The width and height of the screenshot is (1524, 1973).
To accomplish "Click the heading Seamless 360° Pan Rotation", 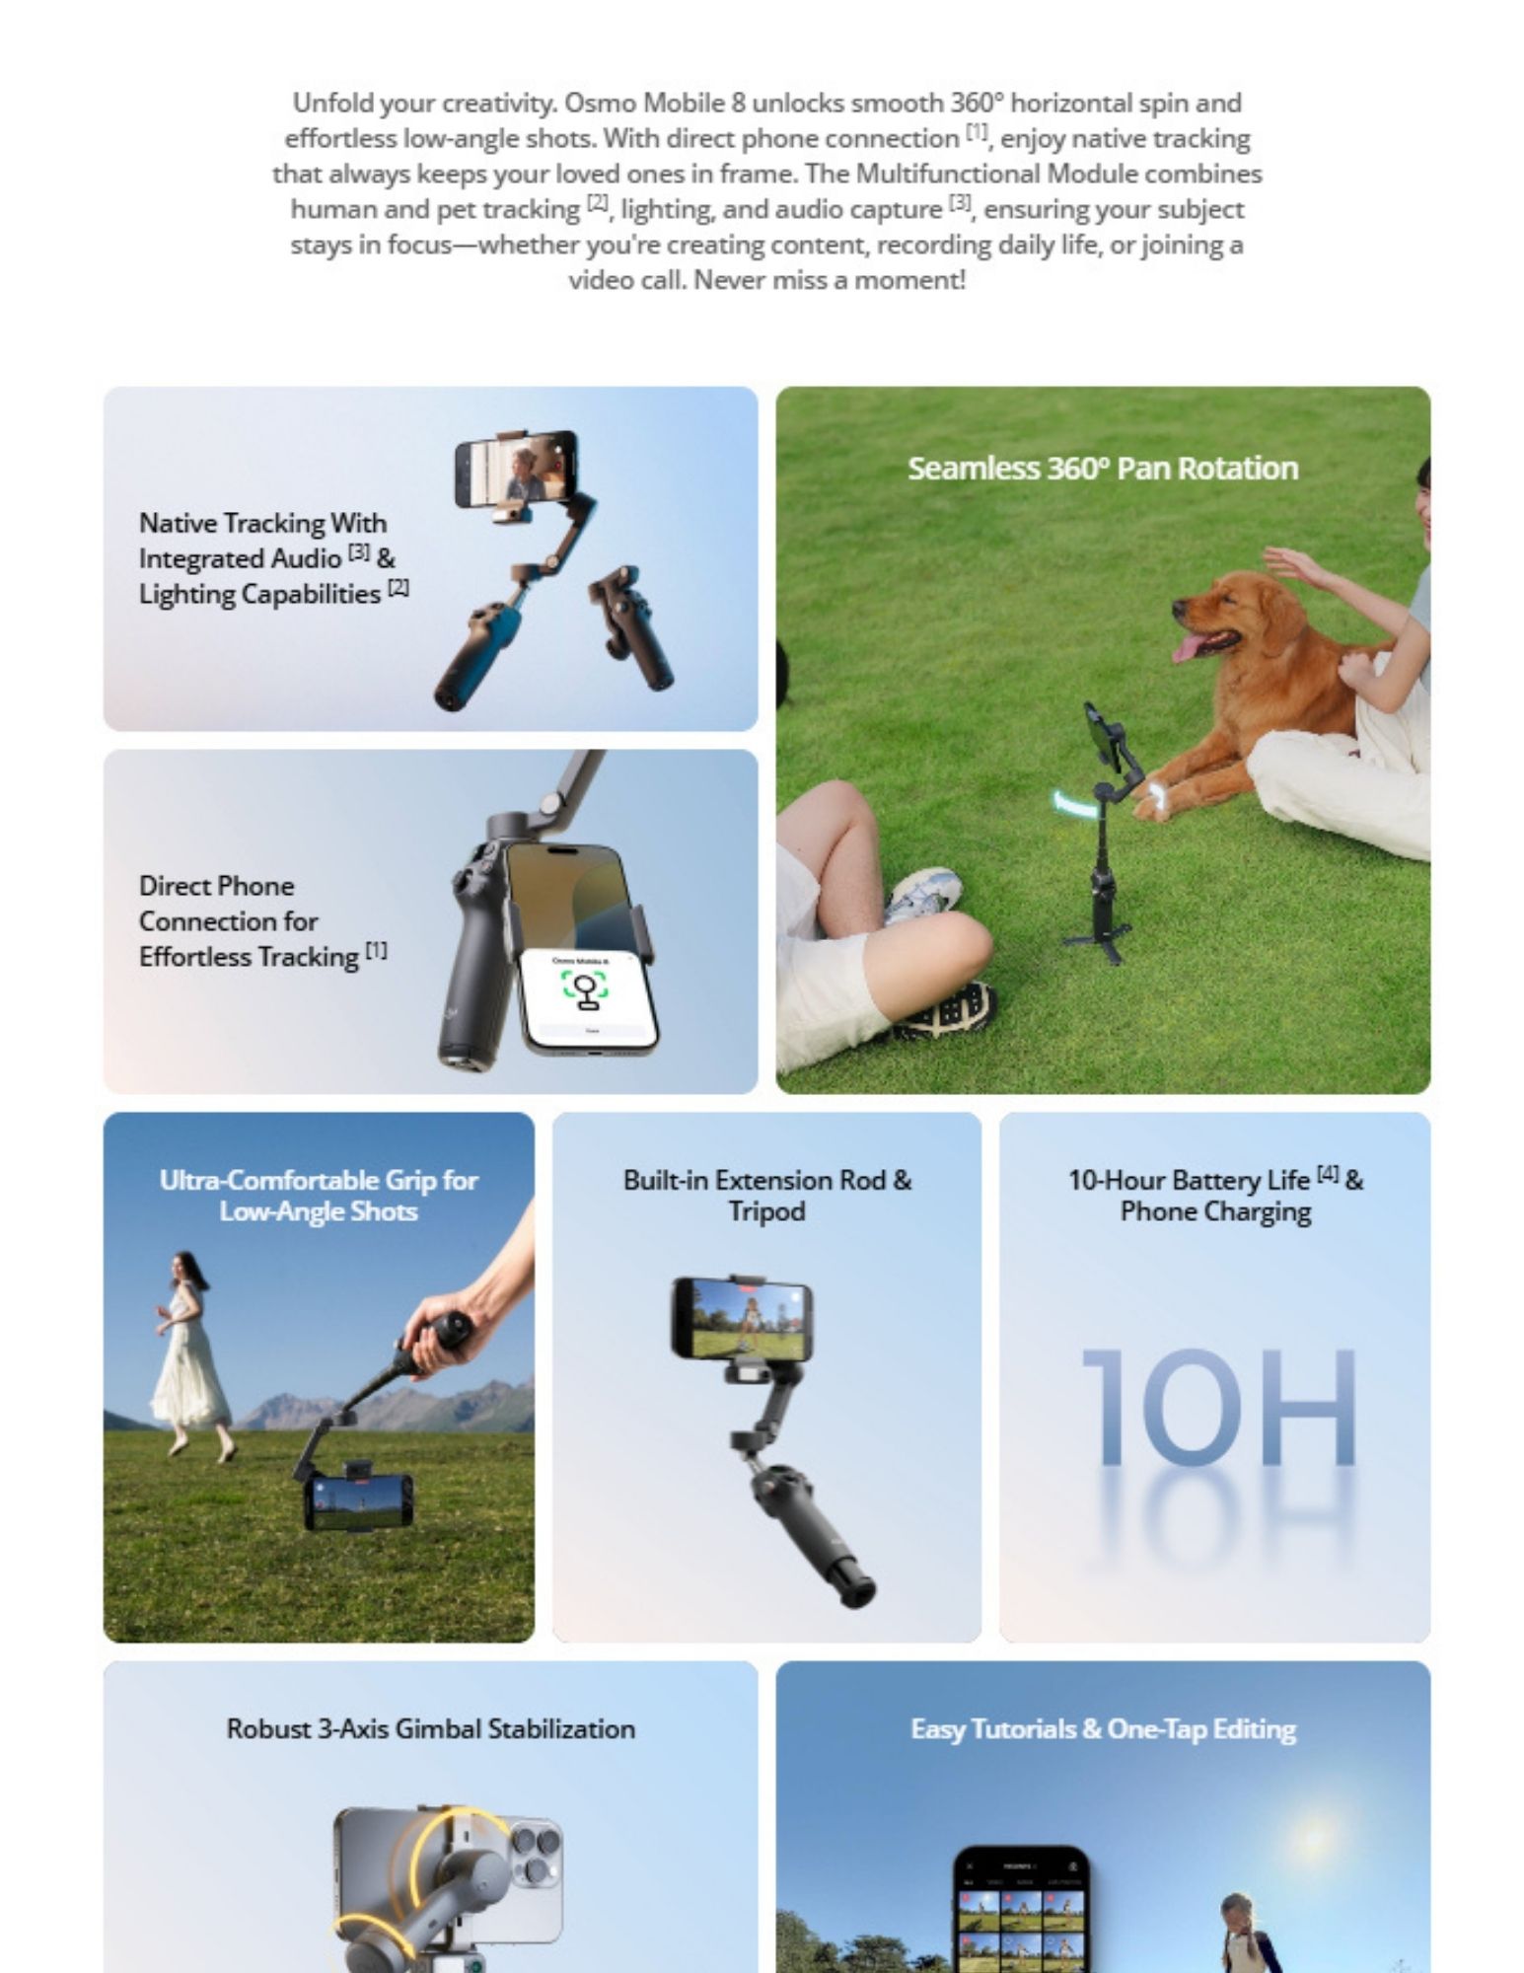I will [1102, 469].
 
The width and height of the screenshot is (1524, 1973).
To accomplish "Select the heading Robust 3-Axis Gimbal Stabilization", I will [430, 1728].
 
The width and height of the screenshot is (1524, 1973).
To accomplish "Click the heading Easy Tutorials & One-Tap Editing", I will [1102, 1728].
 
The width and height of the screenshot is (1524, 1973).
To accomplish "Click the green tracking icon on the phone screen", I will [585, 986].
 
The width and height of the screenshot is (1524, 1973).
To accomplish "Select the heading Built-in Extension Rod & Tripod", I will [766, 1195].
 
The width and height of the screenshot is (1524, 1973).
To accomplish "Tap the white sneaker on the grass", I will [923, 893].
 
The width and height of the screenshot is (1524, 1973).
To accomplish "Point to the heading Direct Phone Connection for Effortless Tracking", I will [249, 920].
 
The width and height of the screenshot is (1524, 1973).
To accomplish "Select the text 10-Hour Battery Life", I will [1188, 1180].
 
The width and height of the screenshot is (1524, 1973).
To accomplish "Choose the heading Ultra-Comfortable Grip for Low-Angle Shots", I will [318, 1195].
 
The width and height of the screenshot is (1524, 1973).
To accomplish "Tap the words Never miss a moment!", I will [829, 280].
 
